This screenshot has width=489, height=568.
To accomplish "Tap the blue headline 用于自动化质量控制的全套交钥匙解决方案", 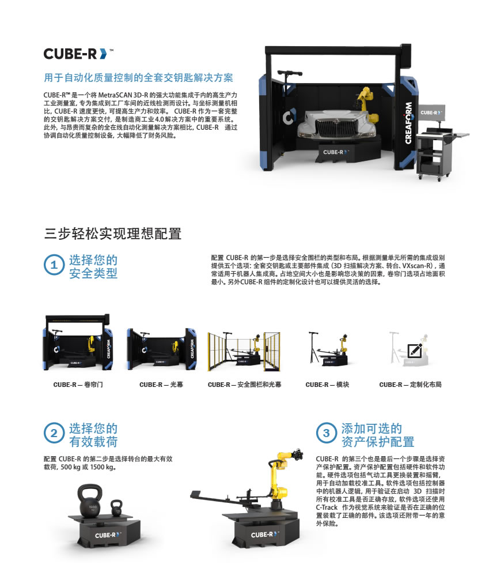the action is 139,77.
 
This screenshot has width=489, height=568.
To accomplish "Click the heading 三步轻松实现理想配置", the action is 113,234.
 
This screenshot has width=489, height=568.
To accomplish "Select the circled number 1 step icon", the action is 54,265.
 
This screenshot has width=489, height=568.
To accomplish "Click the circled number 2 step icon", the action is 54,433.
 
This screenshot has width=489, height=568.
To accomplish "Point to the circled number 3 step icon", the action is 326,433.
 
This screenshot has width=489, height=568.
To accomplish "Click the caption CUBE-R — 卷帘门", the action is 78,385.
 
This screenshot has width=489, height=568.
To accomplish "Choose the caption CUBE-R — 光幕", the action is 161,385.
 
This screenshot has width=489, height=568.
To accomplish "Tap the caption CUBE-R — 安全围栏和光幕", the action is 244,385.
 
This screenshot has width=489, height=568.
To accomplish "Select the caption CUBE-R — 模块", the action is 327,385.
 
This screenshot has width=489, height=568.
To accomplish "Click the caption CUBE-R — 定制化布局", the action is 411,385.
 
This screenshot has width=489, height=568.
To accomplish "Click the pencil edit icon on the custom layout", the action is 415,350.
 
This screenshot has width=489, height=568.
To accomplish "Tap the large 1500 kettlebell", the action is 90,502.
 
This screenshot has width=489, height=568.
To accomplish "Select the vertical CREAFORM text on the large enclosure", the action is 408,123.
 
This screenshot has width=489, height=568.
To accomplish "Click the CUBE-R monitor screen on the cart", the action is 431,112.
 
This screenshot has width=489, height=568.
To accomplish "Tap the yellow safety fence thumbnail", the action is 244,351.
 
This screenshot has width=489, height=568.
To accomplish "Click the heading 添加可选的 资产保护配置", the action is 378,435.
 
